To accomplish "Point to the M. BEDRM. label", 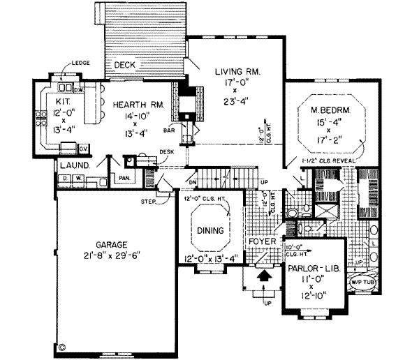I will click(x=331, y=110).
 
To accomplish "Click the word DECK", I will click(x=125, y=65).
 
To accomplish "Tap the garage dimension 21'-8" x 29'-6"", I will click(x=112, y=256).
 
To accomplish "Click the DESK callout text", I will click(x=166, y=151).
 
